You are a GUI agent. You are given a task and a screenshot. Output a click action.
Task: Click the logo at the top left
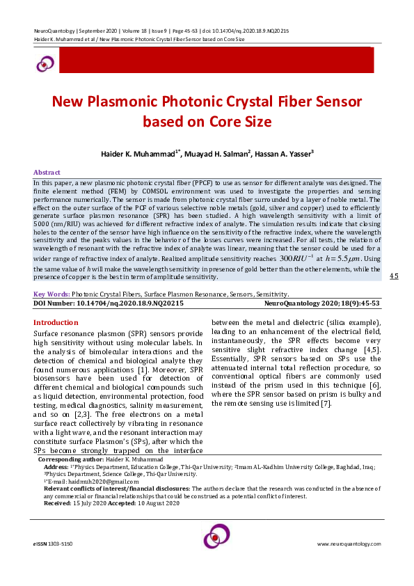pyautogui.click(x=45, y=63)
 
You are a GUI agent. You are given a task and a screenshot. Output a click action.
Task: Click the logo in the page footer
pyautogui.click(x=216, y=538)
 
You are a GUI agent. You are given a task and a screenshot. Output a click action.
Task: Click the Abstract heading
pyautogui.click(x=47, y=173)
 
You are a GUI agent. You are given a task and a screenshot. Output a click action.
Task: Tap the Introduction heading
pyautogui.click(x=56, y=322)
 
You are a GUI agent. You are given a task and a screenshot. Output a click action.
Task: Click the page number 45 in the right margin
pyautogui.click(x=394, y=276)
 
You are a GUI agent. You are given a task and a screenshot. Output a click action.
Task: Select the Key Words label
pyautogui.click(x=51, y=294)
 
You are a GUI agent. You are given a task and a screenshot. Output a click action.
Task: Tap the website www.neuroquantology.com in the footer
pyautogui.click(x=347, y=543)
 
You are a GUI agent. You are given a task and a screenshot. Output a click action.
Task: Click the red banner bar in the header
pyautogui.click(x=216, y=61)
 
